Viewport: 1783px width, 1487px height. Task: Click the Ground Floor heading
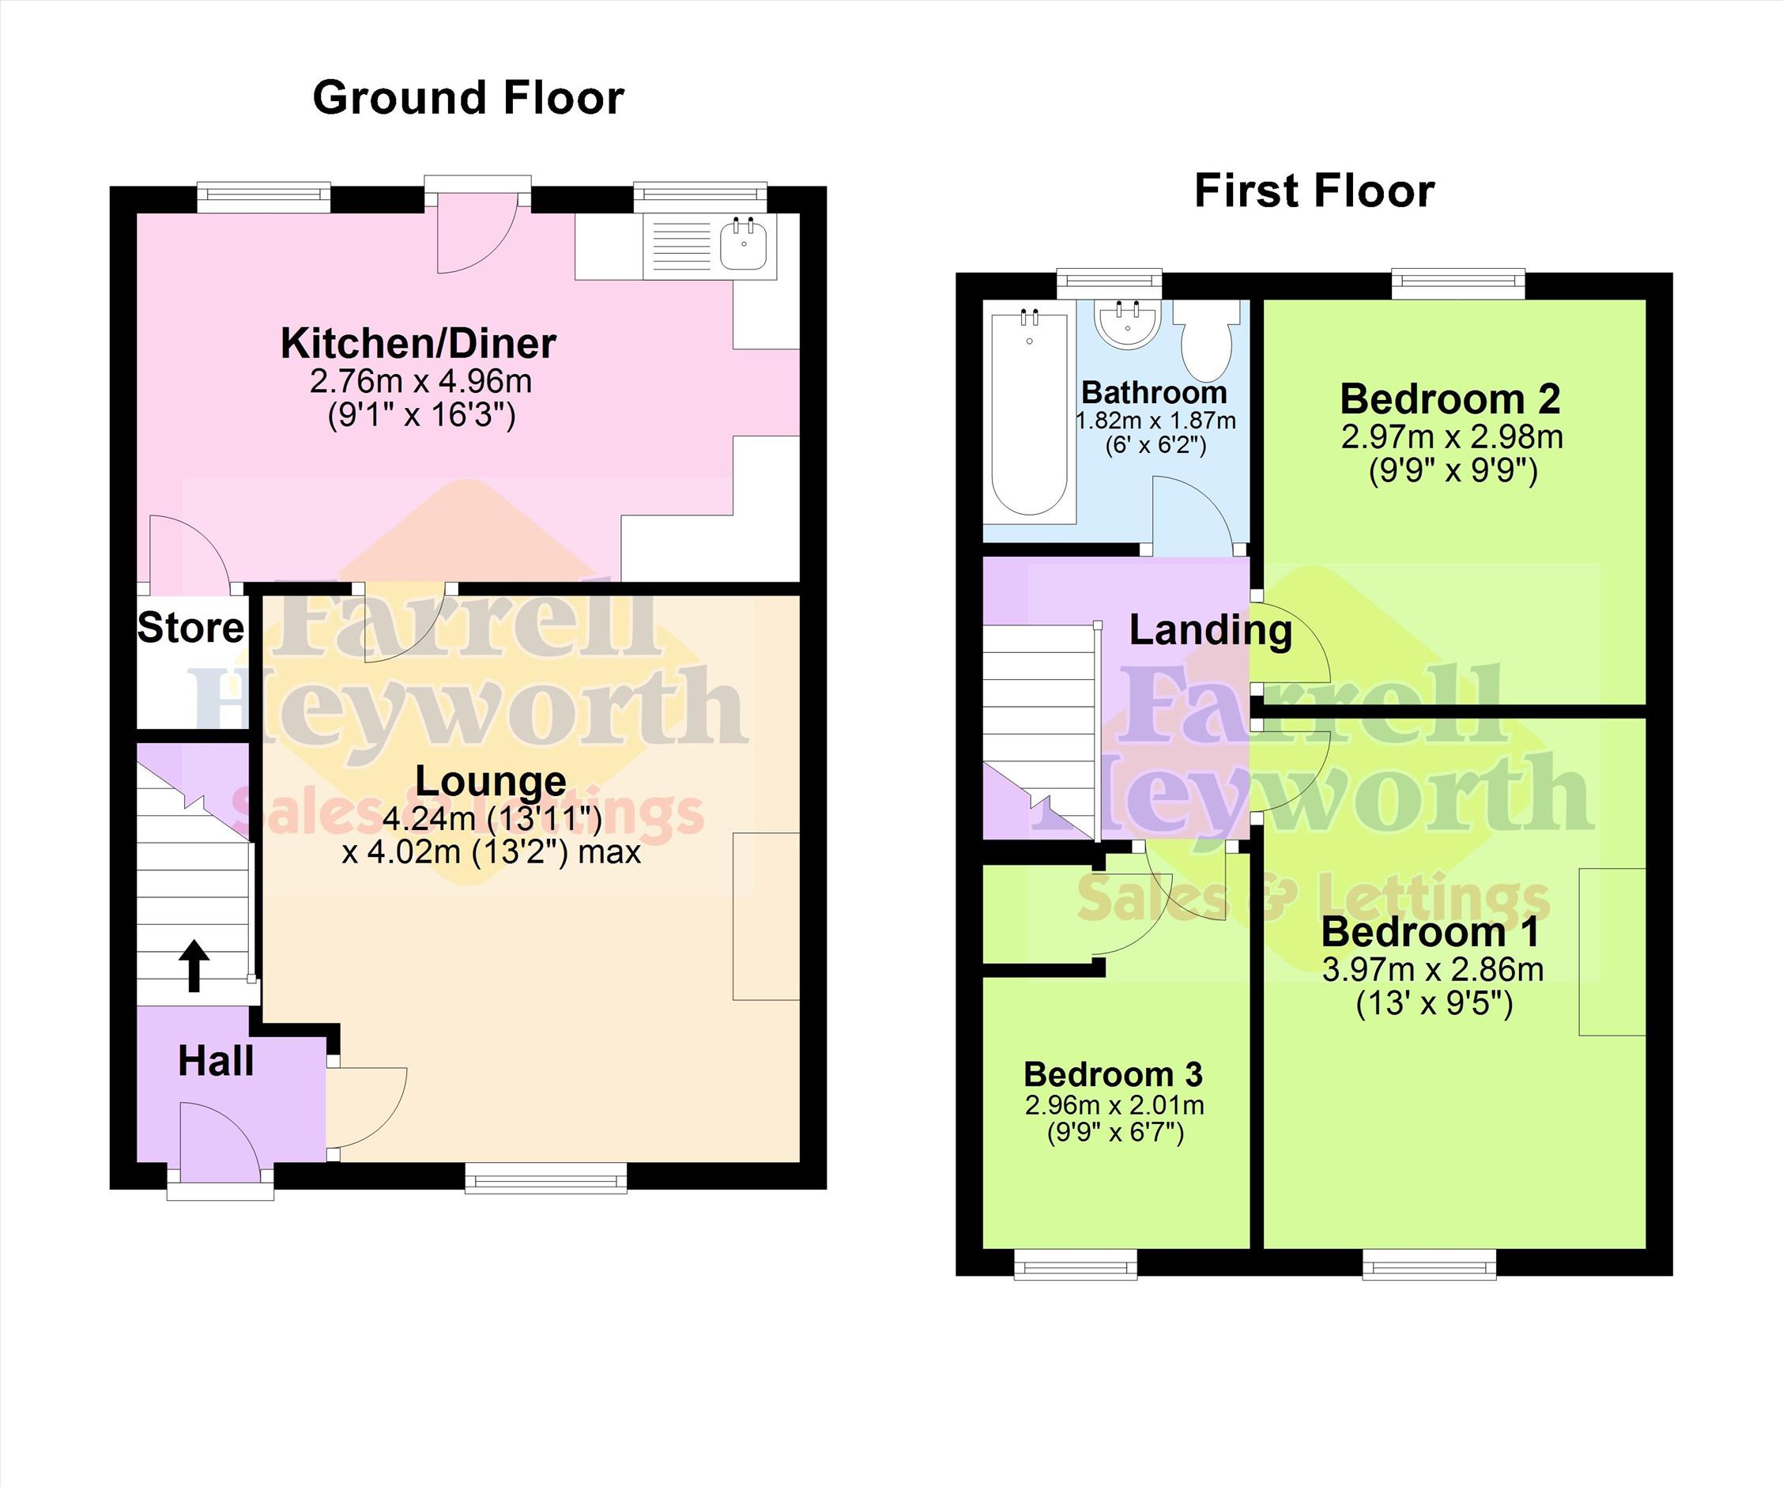click(x=469, y=98)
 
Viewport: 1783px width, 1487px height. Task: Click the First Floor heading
click(x=1314, y=191)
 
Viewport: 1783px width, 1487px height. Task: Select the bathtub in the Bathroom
click(x=1030, y=413)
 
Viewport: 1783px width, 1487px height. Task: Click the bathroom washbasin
click(x=1128, y=323)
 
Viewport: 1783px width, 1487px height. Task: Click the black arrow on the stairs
click(x=194, y=965)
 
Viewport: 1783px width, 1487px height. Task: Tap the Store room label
click(x=191, y=628)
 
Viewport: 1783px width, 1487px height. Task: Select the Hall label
click(x=216, y=1062)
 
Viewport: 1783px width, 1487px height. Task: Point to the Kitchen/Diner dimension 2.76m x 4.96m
click(x=421, y=381)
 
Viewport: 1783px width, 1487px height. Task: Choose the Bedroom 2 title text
click(x=1450, y=399)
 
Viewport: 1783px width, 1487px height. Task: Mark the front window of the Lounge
click(x=546, y=1178)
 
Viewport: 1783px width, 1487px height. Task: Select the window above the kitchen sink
click(x=700, y=196)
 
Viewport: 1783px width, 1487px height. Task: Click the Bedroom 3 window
click(x=1076, y=1263)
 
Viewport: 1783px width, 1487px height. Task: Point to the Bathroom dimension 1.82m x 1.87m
click(x=1155, y=421)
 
